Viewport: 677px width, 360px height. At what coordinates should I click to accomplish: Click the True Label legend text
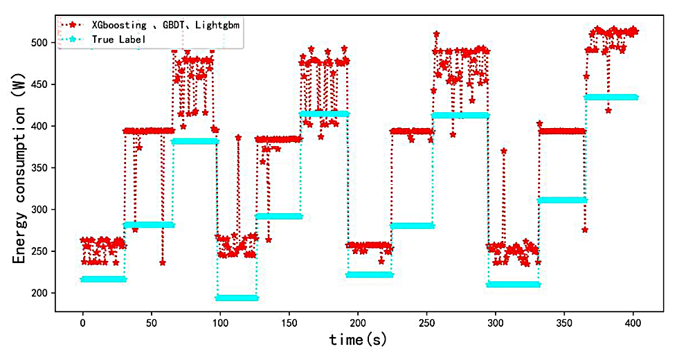(118, 40)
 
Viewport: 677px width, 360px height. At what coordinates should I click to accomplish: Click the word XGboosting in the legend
(118, 26)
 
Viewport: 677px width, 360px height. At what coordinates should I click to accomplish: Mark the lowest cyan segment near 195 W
(237, 298)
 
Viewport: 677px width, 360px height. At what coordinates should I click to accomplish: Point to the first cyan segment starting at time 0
(104, 280)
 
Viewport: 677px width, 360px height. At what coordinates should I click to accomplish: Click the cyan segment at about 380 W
(195, 141)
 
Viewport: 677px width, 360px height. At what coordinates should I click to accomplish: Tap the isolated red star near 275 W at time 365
(584, 230)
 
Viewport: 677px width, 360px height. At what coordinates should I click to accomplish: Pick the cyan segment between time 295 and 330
(513, 285)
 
